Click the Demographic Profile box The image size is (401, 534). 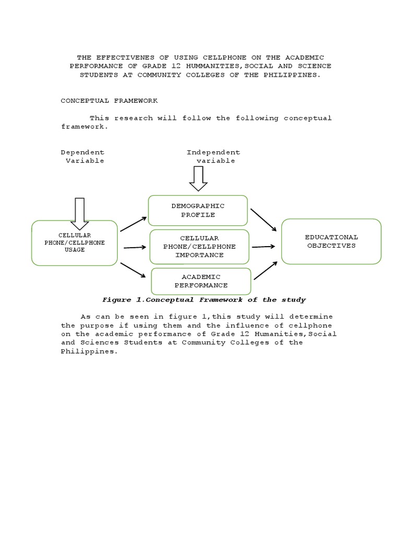198,210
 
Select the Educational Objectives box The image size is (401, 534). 331,241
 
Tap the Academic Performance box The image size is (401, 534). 201,281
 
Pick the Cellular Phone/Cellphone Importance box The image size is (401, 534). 199,247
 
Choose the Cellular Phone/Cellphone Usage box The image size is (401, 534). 74,243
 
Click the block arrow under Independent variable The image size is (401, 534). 198,179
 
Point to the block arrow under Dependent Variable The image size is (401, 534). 80,213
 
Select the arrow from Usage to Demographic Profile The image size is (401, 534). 133,224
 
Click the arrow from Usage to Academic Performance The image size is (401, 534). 133,270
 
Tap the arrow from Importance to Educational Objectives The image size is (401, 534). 264,247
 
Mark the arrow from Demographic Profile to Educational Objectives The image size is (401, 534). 264,220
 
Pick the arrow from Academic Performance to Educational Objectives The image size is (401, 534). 265,271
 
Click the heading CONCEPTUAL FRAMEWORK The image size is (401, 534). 109,100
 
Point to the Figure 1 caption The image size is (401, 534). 204,299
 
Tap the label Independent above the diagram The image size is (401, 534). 214,152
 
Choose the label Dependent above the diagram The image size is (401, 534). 82,152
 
